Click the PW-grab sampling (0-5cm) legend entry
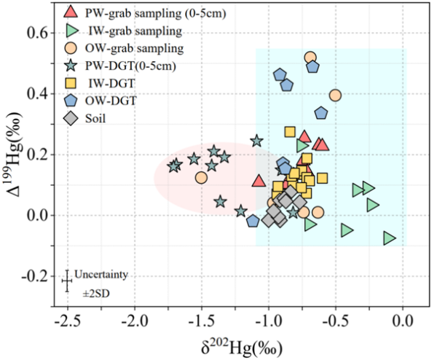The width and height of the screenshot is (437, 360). [109, 12]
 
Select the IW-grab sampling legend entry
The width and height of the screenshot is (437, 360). [109, 31]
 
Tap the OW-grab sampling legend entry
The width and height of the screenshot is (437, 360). [109, 49]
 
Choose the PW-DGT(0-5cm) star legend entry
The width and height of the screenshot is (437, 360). [109, 66]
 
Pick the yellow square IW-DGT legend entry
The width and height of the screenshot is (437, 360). [109, 84]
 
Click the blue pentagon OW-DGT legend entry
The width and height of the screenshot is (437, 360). [109, 101]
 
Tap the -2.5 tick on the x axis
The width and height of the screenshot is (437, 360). [67, 321]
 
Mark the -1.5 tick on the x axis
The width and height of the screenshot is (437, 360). [201, 321]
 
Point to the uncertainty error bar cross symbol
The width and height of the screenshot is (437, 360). [67, 281]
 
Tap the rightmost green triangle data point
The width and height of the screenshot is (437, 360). [390, 238]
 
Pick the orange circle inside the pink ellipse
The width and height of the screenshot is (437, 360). [202, 177]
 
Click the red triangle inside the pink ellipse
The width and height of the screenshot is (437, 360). [259, 181]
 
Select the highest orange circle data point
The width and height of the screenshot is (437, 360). [311, 57]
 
